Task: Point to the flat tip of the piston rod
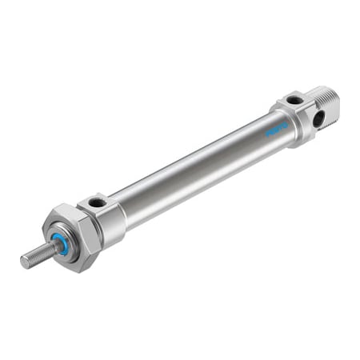[x=24, y=262]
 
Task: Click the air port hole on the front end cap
[x=98, y=202]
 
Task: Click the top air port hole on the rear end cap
[x=295, y=100]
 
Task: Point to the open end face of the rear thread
[x=335, y=98]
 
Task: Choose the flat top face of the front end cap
[x=98, y=201]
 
